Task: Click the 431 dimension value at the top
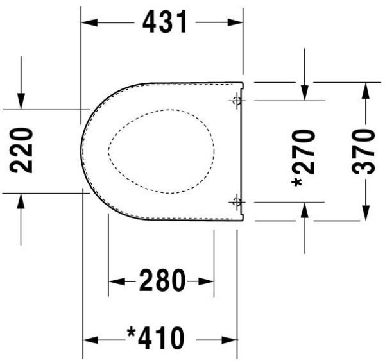pos(164,22)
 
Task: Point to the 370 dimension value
pos(364,151)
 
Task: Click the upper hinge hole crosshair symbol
pos(236,100)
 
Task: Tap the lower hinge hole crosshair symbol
pos(236,203)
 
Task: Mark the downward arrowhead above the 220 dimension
pos(21,101)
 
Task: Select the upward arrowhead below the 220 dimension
pos(21,199)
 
